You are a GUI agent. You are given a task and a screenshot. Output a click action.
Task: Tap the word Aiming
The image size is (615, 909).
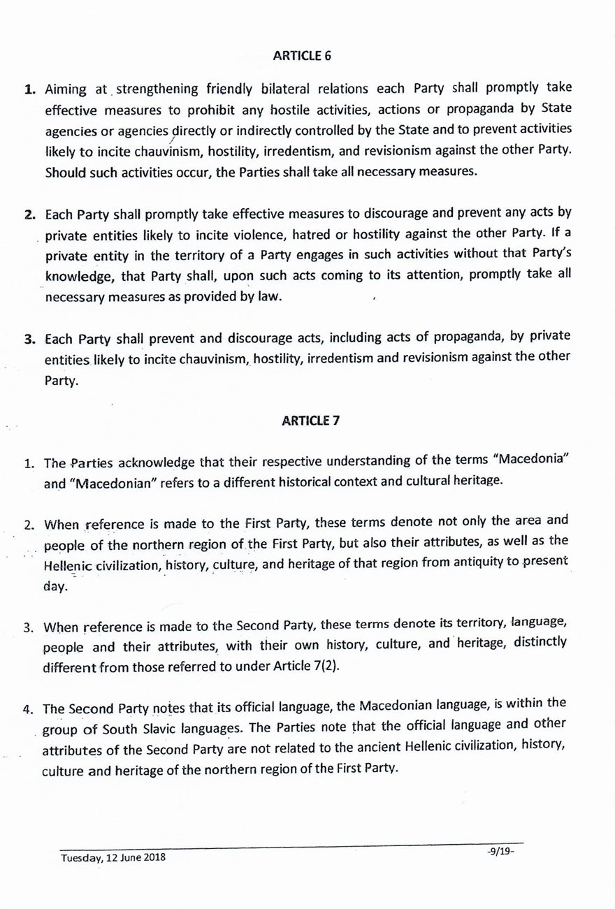click(x=65, y=90)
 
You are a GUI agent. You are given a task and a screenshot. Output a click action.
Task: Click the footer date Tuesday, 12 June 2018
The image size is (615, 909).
click(x=113, y=857)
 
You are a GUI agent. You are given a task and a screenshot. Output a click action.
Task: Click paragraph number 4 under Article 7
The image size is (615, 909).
click(x=29, y=708)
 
